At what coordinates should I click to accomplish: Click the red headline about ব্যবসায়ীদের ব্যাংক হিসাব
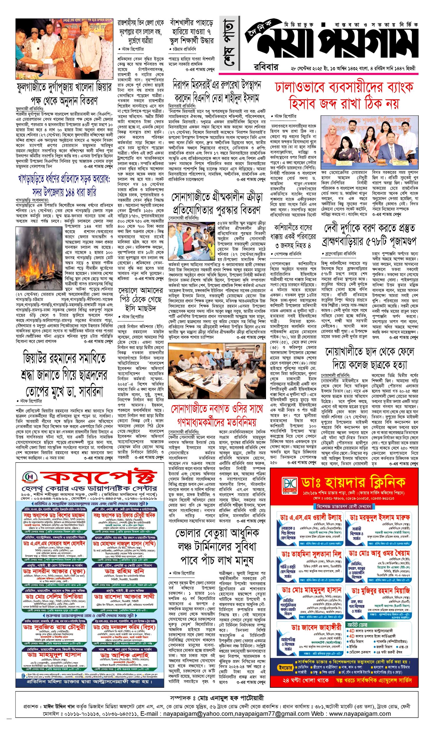(344, 95)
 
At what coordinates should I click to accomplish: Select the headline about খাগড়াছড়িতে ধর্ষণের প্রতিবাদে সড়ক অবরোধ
(64, 185)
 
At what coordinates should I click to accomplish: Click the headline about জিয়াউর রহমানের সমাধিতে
(64, 374)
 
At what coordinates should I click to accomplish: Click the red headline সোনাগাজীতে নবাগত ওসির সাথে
(217, 415)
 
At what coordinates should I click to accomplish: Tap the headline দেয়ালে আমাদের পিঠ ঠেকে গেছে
(141, 299)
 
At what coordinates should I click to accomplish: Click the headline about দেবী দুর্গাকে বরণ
(370, 235)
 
